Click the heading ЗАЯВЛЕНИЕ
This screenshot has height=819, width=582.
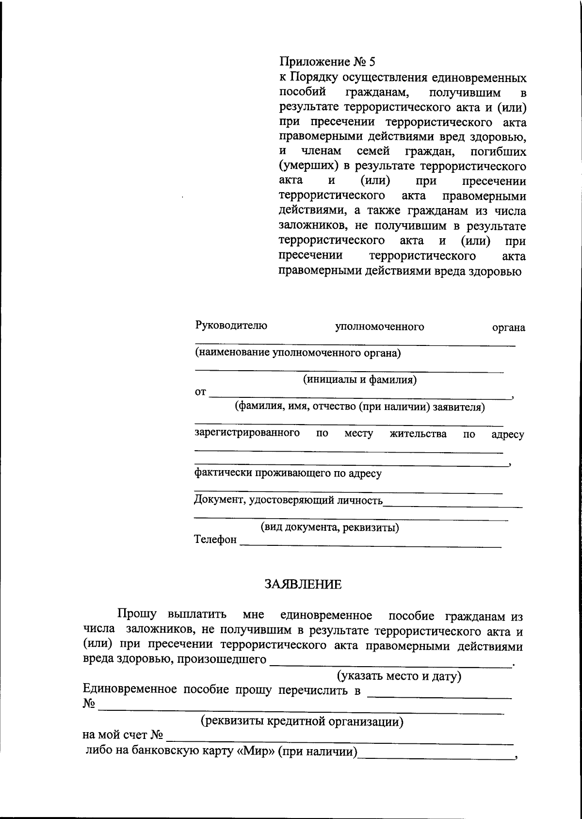303,584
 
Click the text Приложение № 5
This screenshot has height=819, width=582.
327,62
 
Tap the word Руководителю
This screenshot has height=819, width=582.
231,326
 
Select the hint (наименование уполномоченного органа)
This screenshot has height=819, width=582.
298,353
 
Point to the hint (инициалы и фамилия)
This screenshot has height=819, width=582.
359,379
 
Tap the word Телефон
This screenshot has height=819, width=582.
215,540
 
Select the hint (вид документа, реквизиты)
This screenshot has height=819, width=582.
330,527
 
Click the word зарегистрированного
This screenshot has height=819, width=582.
247,433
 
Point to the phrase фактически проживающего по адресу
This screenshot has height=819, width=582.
288,473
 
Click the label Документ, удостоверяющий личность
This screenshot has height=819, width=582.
288,500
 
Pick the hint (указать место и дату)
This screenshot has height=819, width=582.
399,676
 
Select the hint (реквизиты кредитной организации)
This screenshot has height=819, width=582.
302,721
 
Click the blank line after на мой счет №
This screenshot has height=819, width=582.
339,743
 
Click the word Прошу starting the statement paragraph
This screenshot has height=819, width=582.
137,615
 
